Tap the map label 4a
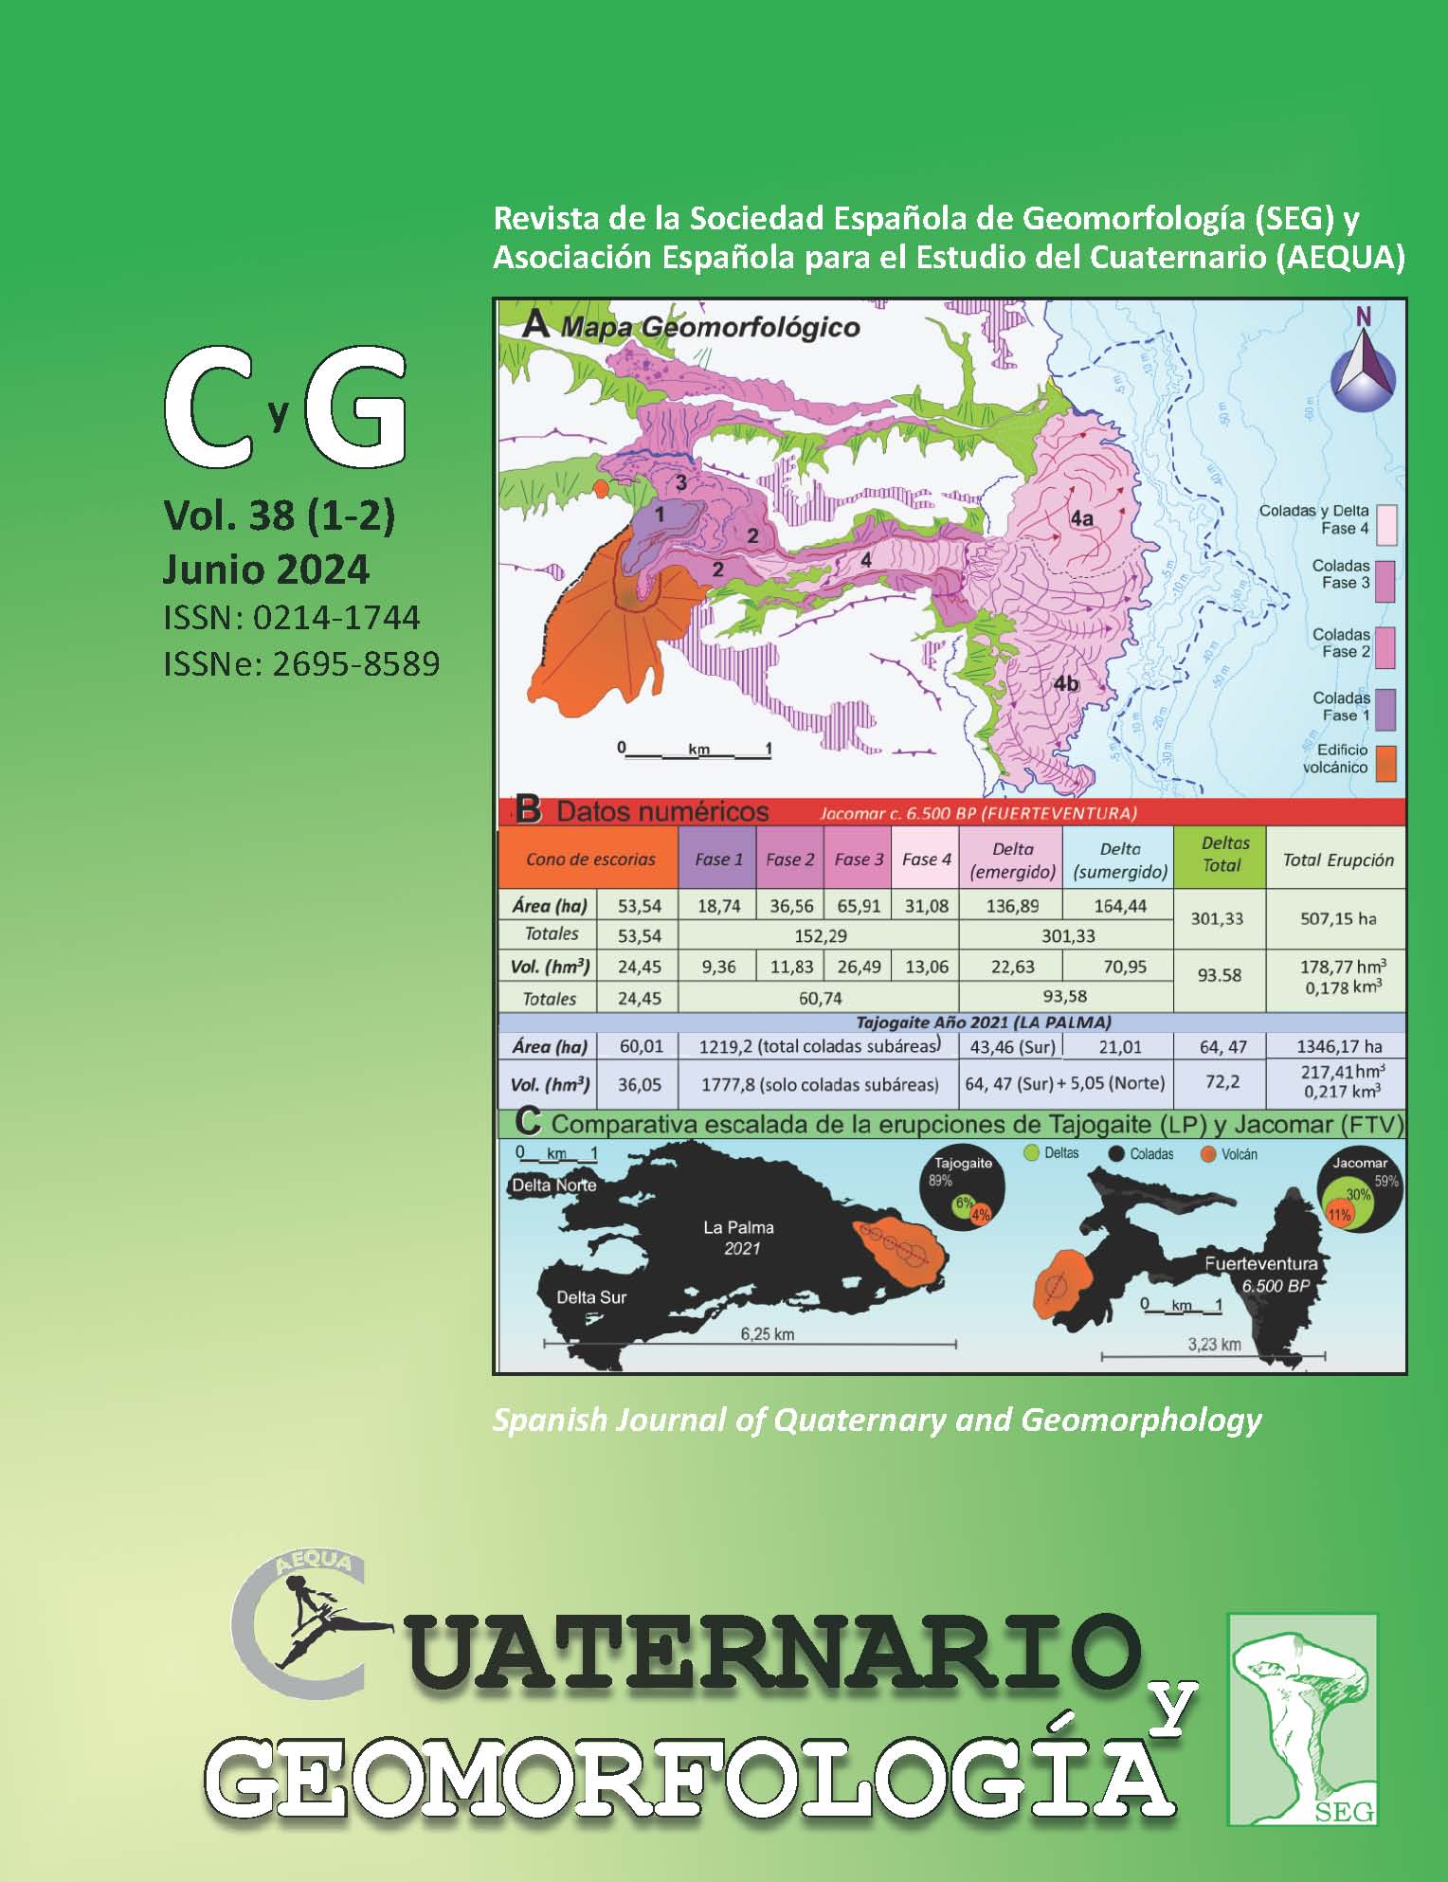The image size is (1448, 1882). tap(1081, 517)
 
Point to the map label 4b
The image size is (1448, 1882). tap(1066, 683)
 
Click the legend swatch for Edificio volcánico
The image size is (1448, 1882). tap(1385, 763)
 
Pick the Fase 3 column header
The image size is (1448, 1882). tap(859, 860)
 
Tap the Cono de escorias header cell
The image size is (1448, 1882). tap(590, 860)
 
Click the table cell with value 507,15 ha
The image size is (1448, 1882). tap(1337, 918)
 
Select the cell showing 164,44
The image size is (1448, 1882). tap(1119, 906)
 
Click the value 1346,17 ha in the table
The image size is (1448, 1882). tap(1337, 1046)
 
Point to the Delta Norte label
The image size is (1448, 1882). tap(553, 1185)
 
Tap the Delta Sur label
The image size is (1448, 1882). tap(591, 1296)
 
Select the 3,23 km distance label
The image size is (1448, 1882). tap(1214, 1344)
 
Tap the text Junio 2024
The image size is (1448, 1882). tap(266, 570)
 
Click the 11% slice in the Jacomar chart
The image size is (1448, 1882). tap(1338, 1215)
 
